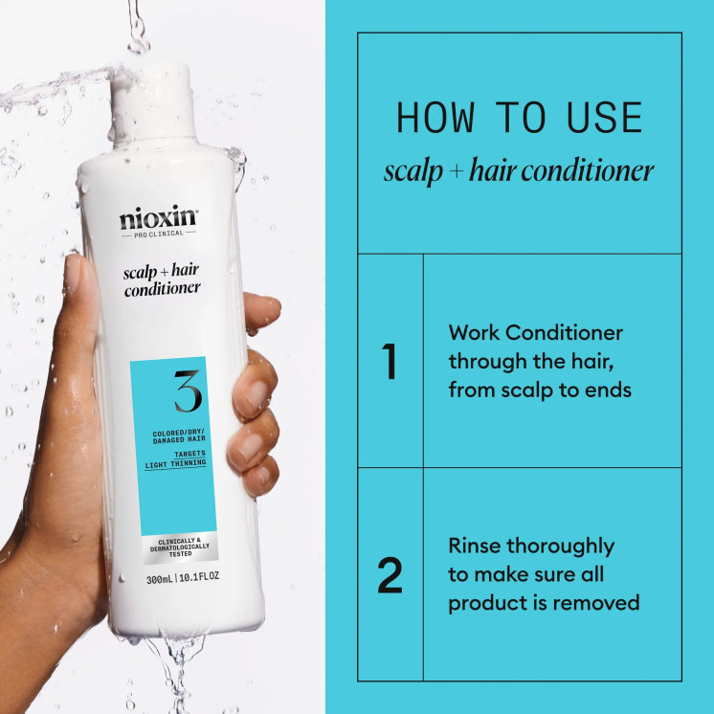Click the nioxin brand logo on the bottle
tap(158, 218)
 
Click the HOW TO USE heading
tap(519, 118)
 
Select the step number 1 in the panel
tap(390, 363)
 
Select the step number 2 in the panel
tap(390, 575)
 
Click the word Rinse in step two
tap(476, 547)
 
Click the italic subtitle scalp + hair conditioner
tap(519, 171)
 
